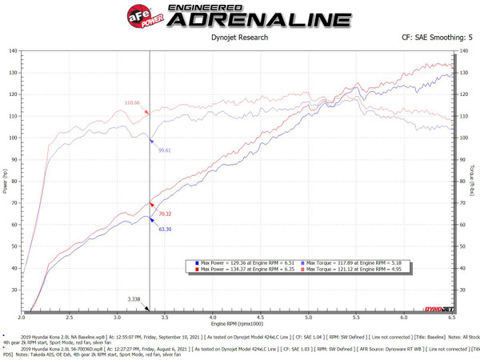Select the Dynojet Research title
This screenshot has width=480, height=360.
[238, 37]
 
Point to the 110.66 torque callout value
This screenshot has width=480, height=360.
[132, 102]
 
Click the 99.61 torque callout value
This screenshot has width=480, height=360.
[166, 150]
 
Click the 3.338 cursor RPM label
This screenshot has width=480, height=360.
[135, 298]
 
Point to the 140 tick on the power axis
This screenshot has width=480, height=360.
[13, 51]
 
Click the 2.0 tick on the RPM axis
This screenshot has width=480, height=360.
[22, 316]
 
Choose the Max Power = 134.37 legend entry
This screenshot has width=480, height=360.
[245, 270]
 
